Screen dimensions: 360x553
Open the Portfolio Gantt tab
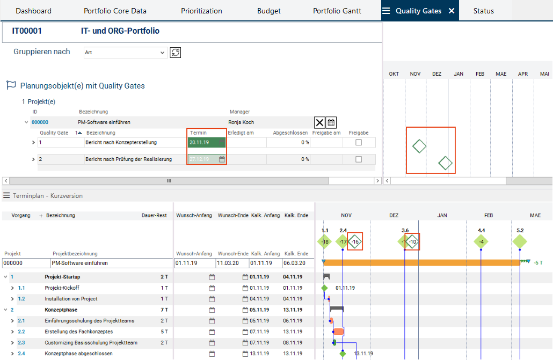337,11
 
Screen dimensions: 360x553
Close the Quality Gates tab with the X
452,11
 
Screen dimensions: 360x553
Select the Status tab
483,11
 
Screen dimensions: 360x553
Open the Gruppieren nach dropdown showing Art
125,53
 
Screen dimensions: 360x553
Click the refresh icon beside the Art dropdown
175,53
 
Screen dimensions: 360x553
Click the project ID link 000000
40,122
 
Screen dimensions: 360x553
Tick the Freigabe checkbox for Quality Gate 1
359,143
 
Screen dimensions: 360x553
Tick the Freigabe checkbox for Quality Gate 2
359,159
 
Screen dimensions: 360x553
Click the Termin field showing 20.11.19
207,143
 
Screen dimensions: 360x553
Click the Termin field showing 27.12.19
207,159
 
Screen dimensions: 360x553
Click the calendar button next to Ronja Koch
331,122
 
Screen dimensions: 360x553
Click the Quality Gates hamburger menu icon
386,11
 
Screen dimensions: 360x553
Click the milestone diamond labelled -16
355,242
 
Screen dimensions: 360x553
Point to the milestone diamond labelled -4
481,242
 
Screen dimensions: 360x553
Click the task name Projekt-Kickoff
62,288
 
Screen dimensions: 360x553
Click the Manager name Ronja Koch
241,122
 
